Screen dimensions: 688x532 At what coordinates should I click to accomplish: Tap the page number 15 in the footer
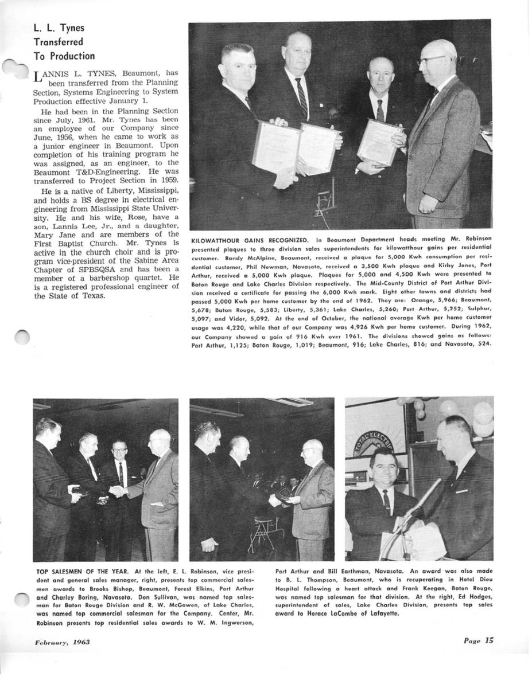click(487, 641)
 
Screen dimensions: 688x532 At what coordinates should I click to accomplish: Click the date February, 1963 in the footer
click(59, 642)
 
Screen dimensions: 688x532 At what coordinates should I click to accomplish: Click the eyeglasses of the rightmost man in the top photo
click(432, 60)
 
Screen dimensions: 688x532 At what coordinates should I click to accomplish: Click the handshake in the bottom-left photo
click(117, 491)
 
